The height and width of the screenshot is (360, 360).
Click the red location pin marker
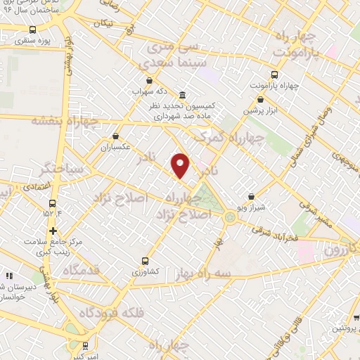click(x=181, y=165)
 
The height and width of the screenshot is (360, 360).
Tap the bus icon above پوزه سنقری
click(x=33, y=30)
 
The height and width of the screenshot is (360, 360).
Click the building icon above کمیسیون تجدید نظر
click(x=182, y=95)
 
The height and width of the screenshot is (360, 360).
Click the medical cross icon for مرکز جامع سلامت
click(x=53, y=231)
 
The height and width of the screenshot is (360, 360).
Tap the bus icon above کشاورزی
click(x=146, y=259)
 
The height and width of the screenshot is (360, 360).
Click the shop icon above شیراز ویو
click(x=252, y=197)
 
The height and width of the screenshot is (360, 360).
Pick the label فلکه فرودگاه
click(x=112, y=312)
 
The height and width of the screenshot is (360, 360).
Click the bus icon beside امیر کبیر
click(x=85, y=346)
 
